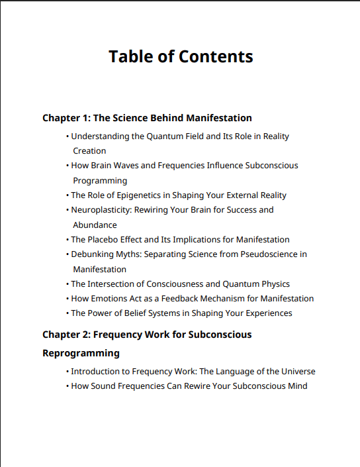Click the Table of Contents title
[x=181, y=56]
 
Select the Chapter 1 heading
[x=147, y=118]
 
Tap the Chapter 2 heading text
[x=147, y=335]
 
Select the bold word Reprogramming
[x=81, y=353]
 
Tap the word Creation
[x=89, y=151]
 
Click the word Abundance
[x=95, y=225]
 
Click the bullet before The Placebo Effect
[x=67, y=240]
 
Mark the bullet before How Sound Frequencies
[x=67, y=386]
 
